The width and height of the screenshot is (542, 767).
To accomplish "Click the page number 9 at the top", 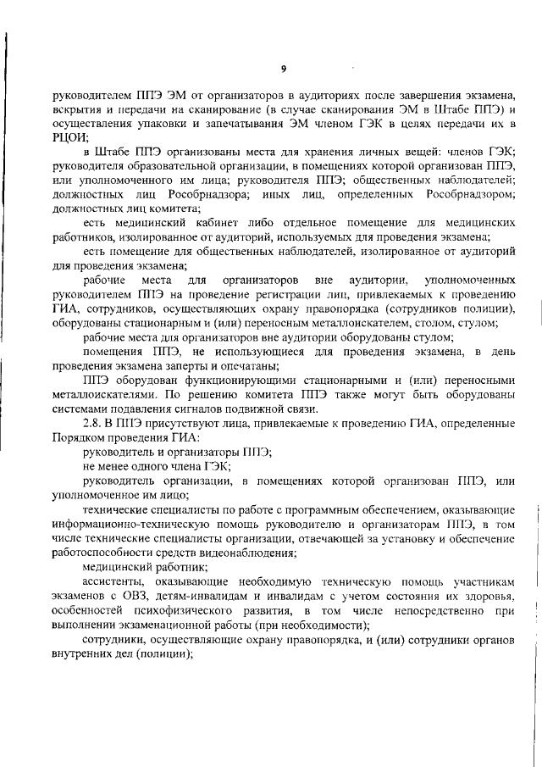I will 284,68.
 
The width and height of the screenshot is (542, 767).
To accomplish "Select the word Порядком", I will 79,437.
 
